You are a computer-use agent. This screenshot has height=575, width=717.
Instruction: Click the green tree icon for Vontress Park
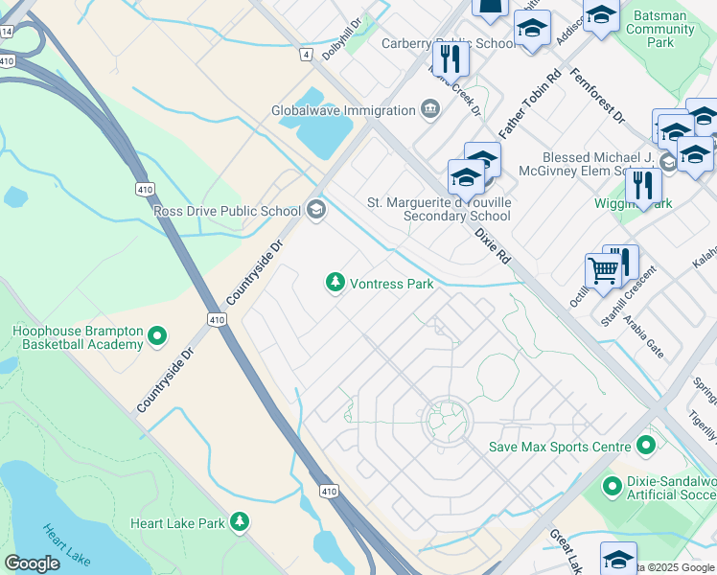point(335,283)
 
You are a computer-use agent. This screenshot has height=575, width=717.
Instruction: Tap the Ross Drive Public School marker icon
point(316,210)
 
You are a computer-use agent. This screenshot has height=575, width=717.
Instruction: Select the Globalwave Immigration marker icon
point(429,110)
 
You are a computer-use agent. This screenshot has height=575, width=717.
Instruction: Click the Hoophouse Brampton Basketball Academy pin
point(157,337)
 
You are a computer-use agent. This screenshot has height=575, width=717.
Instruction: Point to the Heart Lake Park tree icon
point(239,522)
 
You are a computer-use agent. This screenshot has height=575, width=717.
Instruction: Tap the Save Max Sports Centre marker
point(645,446)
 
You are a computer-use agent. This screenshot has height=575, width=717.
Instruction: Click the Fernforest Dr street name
point(596,96)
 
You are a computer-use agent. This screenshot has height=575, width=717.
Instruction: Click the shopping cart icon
point(602,269)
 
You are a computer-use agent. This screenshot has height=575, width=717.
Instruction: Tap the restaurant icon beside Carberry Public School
point(450,58)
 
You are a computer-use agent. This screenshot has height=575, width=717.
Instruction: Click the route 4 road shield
point(306,55)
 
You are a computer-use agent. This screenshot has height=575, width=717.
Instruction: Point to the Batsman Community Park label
point(660,29)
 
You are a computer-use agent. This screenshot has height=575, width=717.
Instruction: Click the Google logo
point(32,563)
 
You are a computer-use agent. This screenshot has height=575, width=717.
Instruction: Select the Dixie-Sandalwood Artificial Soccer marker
point(612,487)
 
